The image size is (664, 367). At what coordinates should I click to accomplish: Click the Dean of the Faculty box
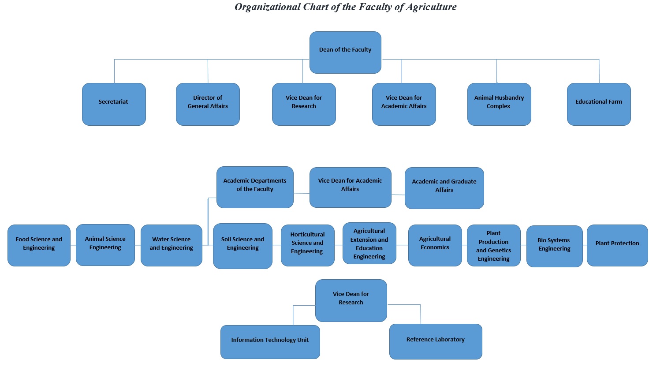(345, 52)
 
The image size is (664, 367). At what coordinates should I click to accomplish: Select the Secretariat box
(114, 104)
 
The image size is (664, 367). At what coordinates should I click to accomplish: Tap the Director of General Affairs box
(208, 104)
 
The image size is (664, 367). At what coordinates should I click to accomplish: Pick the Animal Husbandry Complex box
(499, 104)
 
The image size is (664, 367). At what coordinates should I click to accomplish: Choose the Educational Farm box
(599, 104)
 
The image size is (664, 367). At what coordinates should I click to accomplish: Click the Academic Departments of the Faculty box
(255, 187)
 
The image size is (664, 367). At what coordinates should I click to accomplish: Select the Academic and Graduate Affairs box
(444, 188)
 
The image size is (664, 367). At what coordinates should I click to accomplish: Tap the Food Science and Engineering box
(39, 245)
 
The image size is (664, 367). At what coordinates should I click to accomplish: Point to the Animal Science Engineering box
(105, 245)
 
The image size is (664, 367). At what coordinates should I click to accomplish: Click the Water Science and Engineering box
(172, 245)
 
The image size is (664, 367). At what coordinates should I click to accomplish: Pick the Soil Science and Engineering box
(242, 246)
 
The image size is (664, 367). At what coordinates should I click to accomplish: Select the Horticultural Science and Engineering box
(307, 245)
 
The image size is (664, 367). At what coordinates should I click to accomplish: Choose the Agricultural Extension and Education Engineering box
(369, 243)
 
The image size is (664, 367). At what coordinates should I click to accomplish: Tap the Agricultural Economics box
(435, 245)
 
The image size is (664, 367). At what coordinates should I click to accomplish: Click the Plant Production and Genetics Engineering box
(493, 245)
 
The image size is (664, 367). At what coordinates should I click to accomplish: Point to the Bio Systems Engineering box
(554, 246)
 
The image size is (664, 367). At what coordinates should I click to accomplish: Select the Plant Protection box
(617, 245)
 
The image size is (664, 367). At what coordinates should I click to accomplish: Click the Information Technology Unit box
(270, 342)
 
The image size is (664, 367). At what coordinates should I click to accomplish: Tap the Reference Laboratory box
(436, 341)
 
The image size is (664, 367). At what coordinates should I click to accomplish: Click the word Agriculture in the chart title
(431, 7)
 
